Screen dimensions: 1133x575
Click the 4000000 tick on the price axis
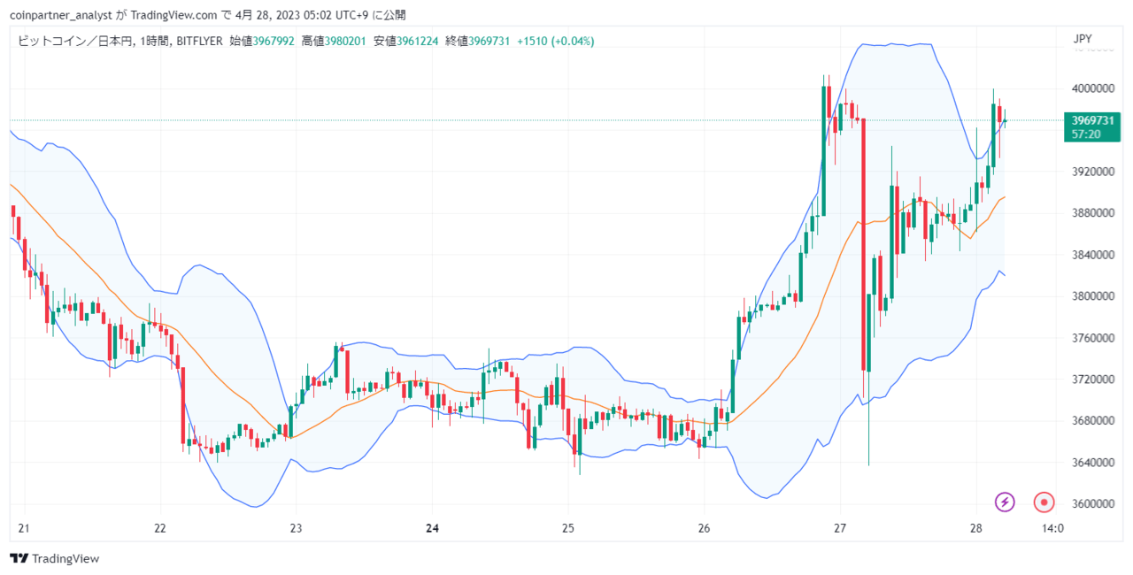tap(1092, 88)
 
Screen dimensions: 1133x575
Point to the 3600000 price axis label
tap(1092, 503)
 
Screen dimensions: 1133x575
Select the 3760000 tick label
tap(1092, 338)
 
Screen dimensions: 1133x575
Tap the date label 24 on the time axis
tap(432, 528)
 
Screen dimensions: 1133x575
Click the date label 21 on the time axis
tap(24, 528)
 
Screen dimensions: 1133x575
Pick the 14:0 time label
tap(1052, 528)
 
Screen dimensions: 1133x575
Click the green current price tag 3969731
tap(1092, 120)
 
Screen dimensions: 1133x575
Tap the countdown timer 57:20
tap(1086, 134)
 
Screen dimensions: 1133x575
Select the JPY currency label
tap(1083, 39)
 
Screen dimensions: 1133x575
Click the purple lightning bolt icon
tap(1005, 502)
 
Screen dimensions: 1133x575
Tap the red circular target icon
tap(1044, 502)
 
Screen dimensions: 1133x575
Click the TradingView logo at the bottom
tap(55, 558)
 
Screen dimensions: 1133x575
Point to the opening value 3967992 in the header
tap(274, 41)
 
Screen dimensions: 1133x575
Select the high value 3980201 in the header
tap(345, 41)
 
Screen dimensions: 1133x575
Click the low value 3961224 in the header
tap(417, 41)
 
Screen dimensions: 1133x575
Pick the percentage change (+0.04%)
tap(572, 41)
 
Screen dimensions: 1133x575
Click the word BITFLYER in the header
tap(199, 41)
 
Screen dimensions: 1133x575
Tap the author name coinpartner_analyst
tap(61, 15)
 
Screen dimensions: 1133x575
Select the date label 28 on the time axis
tap(975, 528)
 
